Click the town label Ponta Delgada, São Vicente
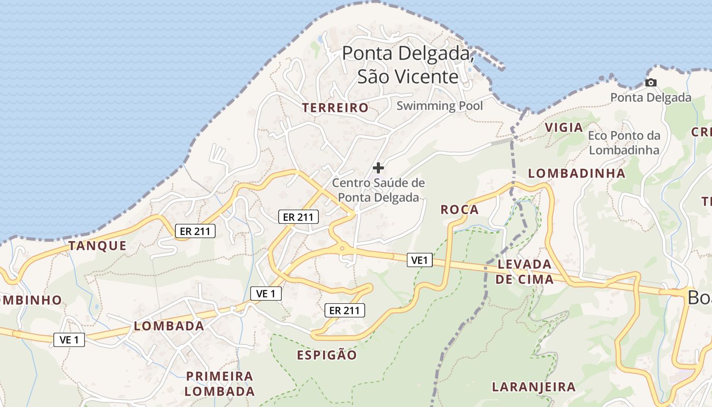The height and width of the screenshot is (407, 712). pyautogui.click(x=408, y=65)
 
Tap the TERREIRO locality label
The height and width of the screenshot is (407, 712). pyautogui.click(x=335, y=108)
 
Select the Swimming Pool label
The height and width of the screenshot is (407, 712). pyautogui.click(x=439, y=106)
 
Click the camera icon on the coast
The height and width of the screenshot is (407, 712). pyautogui.click(x=650, y=82)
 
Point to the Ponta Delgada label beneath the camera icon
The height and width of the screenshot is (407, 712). pyautogui.click(x=650, y=97)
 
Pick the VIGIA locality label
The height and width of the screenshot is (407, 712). pyautogui.click(x=563, y=128)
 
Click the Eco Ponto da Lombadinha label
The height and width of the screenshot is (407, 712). pyautogui.click(x=624, y=142)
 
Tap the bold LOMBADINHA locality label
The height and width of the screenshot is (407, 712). pyautogui.click(x=577, y=173)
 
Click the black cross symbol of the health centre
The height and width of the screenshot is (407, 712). pyautogui.click(x=378, y=167)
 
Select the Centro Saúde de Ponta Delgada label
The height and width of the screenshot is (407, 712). pyautogui.click(x=378, y=190)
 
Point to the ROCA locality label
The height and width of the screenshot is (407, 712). pyautogui.click(x=459, y=210)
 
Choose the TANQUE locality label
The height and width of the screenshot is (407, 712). pyautogui.click(x=98, y=246)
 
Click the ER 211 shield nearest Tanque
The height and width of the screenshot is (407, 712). pyautogui.click(x=195, y=231)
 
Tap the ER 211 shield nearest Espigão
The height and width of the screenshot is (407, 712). pyautogui.click(x=345, y=310)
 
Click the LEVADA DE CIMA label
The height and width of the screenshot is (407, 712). pyautogui.click(x=524, y=272)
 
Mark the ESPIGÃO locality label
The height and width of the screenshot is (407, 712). pyautogui.click(x=327, y=355)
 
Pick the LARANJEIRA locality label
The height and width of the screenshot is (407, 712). pyautogui.click(x=533, y=387)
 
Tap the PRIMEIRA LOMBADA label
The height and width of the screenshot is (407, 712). pyautogui.click(x=220, y=384)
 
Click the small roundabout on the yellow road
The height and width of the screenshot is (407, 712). pyautogui.click(x=342, y=249)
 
